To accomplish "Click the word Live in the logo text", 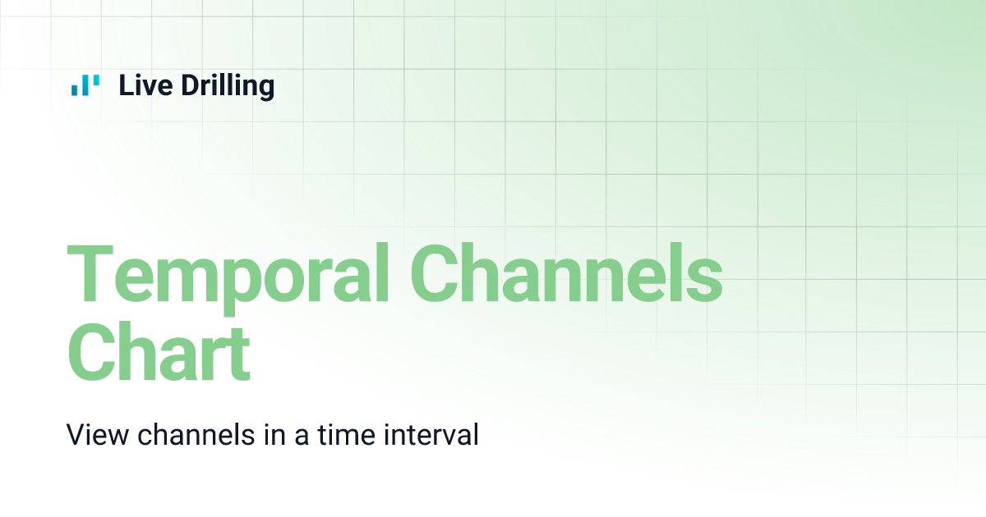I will click(141, 85).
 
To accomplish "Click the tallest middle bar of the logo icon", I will click(85, 85).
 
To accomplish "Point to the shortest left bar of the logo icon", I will click(75, 89).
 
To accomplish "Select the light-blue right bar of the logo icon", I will click(96, 80).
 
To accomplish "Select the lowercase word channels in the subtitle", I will click(196, 434).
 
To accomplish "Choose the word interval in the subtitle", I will click(431, 434).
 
